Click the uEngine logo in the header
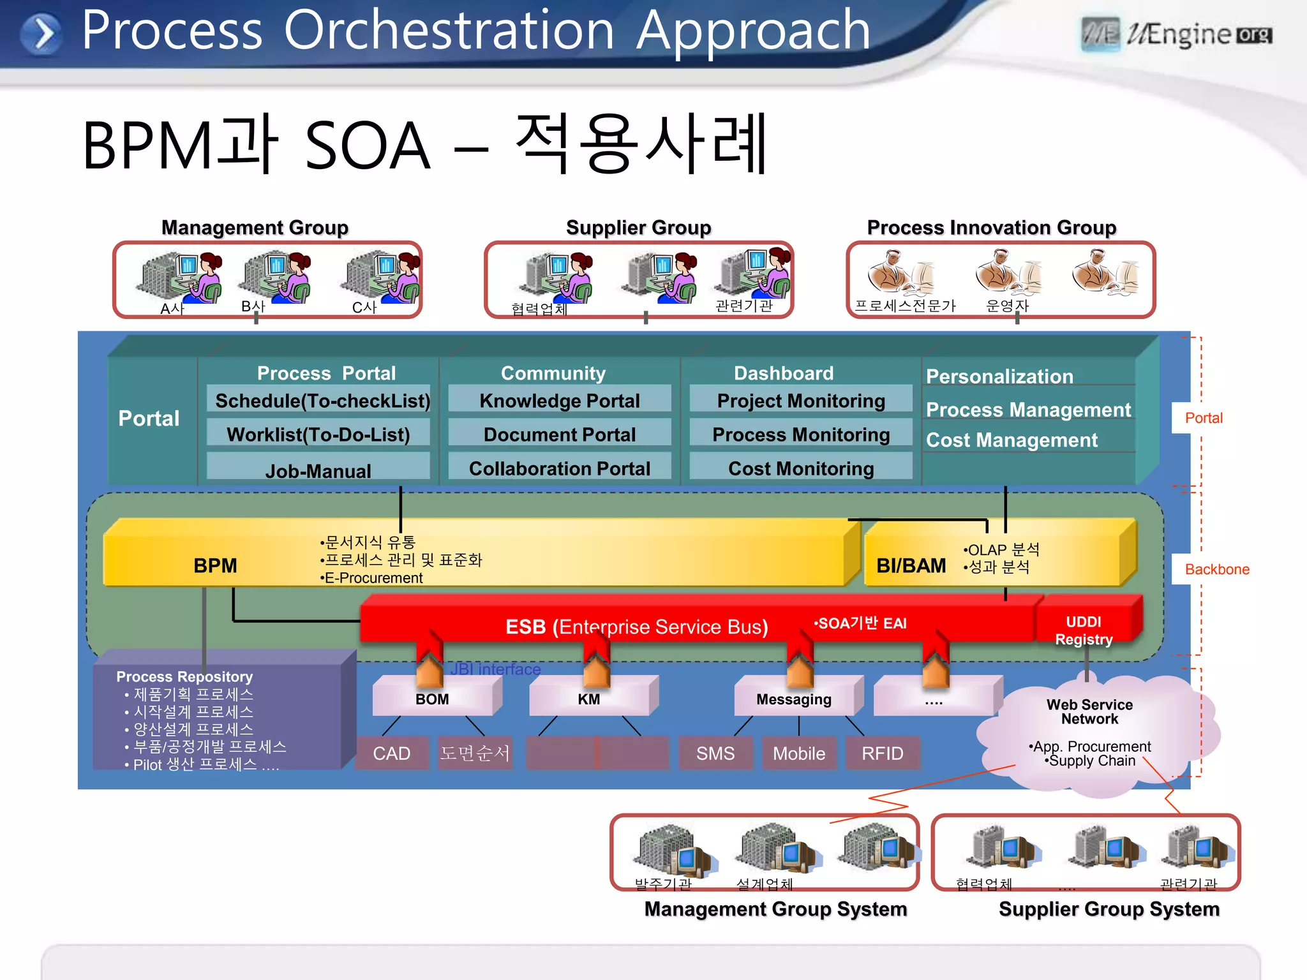(1176, 34)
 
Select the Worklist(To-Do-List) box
(318, 434)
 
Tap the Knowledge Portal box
(560, 401)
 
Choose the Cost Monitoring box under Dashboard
(801, 468)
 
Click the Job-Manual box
(318, 470)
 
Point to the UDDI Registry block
(1084, 630)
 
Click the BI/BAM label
(911, 566)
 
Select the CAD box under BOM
(392, 754)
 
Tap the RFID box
(883, 754)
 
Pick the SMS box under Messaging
(715, 754)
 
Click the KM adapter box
(589, 699)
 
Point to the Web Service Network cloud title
(1089, 711)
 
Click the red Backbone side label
(1216, 569)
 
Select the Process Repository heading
(184, 676)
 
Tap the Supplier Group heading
(638, 228)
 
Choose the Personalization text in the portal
(999, 376)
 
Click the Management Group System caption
(775, 909)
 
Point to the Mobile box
(799, 754)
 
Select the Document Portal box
(560, 434)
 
